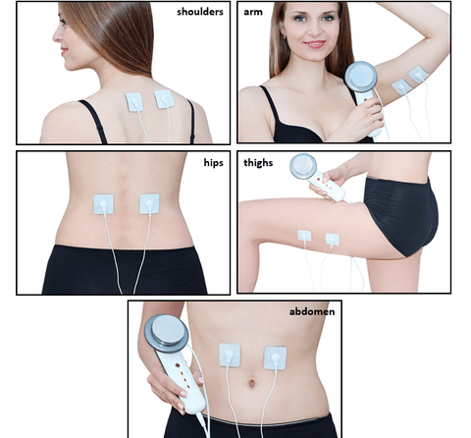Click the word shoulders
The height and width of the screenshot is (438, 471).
click(200, 12)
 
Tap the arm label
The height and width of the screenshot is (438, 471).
click(253, 12)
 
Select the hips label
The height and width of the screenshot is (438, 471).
click(213, 162)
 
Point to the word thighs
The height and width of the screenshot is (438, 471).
click(258, 163)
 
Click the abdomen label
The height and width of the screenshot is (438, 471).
click(312, 311)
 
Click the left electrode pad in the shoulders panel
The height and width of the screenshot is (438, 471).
click(134, 102)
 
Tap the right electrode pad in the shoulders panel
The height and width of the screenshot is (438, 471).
click(164, 99)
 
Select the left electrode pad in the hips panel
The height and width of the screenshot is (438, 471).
click(103, 204)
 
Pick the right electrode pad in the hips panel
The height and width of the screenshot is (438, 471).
click(149, 203)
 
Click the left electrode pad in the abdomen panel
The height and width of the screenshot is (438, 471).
click(230, 355)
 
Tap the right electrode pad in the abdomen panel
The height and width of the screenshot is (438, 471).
click(275, 357)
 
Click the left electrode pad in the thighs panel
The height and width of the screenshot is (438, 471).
click(304, 236)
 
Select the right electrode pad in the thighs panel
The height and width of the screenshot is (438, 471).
click(333, 239)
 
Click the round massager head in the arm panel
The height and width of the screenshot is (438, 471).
click(361, 77)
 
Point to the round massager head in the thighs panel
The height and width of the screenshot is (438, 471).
click(303, 166)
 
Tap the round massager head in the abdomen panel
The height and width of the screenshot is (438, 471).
click(167, 333)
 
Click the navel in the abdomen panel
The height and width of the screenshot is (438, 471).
click(251, 383)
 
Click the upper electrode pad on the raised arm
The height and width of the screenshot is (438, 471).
click(418, 75)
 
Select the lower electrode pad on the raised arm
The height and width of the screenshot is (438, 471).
click(401, 86)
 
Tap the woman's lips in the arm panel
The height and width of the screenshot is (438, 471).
click(315, 44)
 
